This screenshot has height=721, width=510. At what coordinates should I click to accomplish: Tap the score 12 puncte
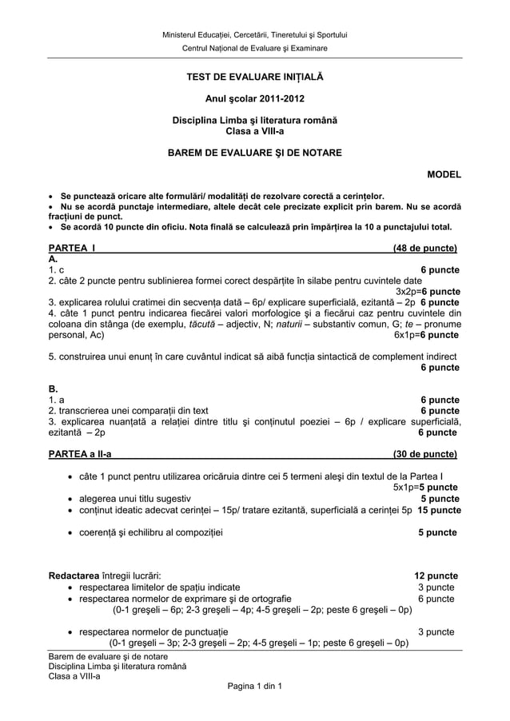(436, 575)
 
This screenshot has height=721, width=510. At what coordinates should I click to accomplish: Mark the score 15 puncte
(439, 509)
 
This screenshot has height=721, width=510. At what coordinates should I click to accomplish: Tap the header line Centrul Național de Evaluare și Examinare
(255, 49)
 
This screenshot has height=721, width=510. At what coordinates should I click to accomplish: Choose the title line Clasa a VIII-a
(255, 131)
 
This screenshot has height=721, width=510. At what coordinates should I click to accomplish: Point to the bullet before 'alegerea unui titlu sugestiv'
(72, 498)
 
